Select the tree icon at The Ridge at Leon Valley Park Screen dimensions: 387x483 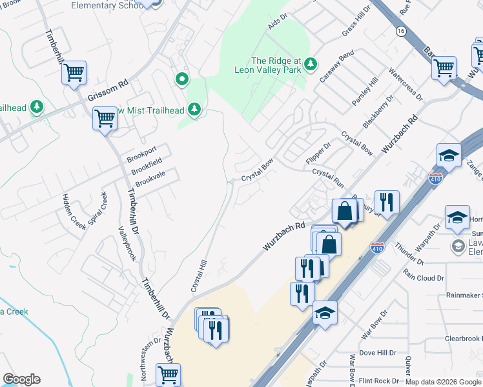point(311,63)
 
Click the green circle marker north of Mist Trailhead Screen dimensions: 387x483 point(183,79)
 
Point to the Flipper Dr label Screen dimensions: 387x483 point(317,152)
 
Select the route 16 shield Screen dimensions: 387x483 point(402,30)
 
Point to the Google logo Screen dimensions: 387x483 point(21,379)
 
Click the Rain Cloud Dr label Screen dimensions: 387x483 point(424,278)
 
